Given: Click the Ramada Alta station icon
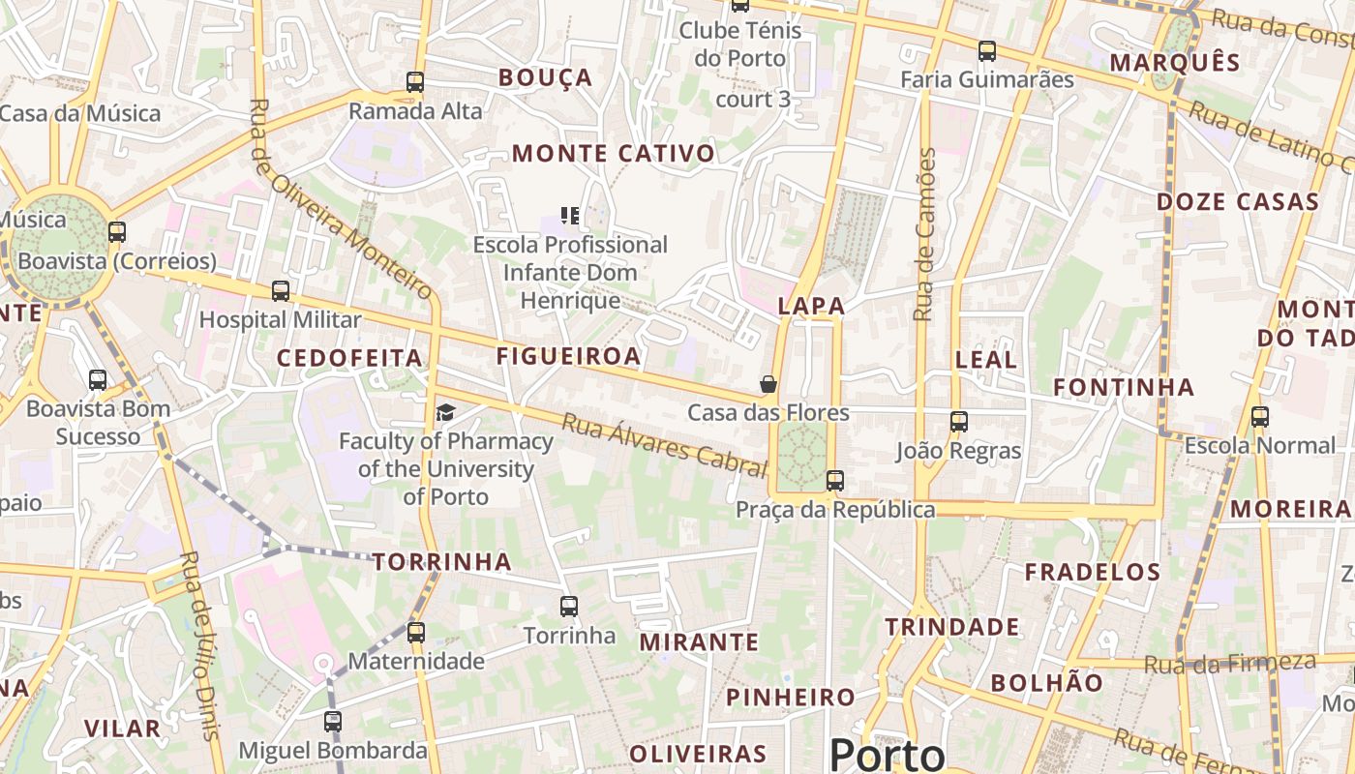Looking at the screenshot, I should pos(415,82).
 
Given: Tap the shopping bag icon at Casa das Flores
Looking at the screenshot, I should pos(768,384).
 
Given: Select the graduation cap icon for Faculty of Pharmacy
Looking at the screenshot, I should pos(445,413).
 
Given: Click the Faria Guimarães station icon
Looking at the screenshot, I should pos(987,51).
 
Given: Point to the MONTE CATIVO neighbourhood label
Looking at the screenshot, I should pos(614,154).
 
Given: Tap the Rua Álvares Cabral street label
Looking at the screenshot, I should pos(664,444).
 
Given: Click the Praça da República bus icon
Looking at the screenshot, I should pos(834,480).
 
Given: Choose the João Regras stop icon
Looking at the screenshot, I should pos(959,422).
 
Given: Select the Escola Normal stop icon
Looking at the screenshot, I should pos(1260,417).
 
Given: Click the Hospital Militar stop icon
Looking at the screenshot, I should pos(281,290).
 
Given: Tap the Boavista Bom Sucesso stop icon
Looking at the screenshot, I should pos(98,380).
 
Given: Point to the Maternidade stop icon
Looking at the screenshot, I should pos(416,633).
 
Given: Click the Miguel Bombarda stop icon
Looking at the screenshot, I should pos(333,721).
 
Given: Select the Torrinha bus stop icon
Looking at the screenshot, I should pos(569,607).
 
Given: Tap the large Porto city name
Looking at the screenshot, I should pos(887,754).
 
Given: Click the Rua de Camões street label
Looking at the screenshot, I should pos(926,234).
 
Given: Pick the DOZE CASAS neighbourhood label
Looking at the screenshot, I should pos(1238,202).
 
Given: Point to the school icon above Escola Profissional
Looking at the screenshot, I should pos(570,215).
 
